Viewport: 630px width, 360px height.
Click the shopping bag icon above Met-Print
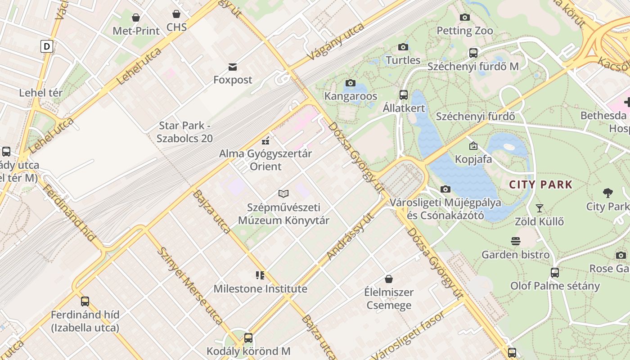pyautogui.click(x=136, y=18)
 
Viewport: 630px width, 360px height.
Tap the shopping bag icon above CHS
pyautogui.click(x=176, y=14)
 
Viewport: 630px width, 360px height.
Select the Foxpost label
pyautogui.click(x=233, y=80)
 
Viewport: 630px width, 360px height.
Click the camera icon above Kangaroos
pyautogui.click(x=350, y=83)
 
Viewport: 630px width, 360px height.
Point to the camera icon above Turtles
pyautogui.click(x=403, y=47)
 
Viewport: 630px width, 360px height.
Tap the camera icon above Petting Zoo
pyautogui.click(x=465, y=18)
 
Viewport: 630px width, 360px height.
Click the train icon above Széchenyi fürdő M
pyautogui.click(x=473, y=53)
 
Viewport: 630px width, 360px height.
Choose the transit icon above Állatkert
pyautogui.click(x=404, y=94)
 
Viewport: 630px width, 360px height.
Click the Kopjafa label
pyautogui.click(x=473, y=159)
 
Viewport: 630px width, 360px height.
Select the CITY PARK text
pyautogui.click(x=540, y=184)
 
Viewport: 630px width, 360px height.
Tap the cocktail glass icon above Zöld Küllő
pyautogui.click(x=539, y=208)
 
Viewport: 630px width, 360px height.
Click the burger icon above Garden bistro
pyautogui.click(x=516, y=241)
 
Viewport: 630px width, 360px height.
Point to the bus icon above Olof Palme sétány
pyautogui.click(x=555, y=272)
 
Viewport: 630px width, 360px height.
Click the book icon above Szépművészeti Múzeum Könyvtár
pyautogui.click(x=283, y=193)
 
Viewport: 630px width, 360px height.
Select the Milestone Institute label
pyautogui.click(x=260, y=288)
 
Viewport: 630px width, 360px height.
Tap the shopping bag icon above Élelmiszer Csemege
pyautogui.click(x=389, y=279)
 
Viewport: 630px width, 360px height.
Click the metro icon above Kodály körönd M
pyautogui.click(x=248, y=337)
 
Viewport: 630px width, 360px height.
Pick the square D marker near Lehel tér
pyautogui.click(x=47, y=46)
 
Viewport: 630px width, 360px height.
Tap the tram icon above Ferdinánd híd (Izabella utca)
pyautogui.click(x=85, y=301)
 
